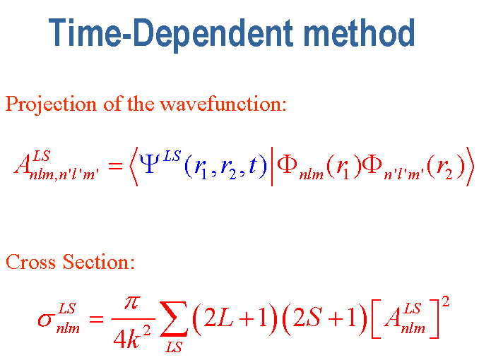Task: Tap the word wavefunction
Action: click(223, 104)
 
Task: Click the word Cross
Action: click(31, 262)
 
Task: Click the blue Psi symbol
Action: click(149, 163)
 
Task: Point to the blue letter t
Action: click(253, 166)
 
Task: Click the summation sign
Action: click(173, 318)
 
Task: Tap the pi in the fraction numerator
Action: click(133, 304)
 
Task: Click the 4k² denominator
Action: click(132, 337)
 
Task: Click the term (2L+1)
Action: click(235, 319)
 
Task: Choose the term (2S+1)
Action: click(324, 319)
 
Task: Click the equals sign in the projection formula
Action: click(115, 167)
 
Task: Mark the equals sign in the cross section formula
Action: click(96, 319)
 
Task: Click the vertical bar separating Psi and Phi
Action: click(272, 167)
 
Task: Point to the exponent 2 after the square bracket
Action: click(446, 301)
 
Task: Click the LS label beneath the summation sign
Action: click(174, 347)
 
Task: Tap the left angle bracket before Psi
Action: click(134, 167)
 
